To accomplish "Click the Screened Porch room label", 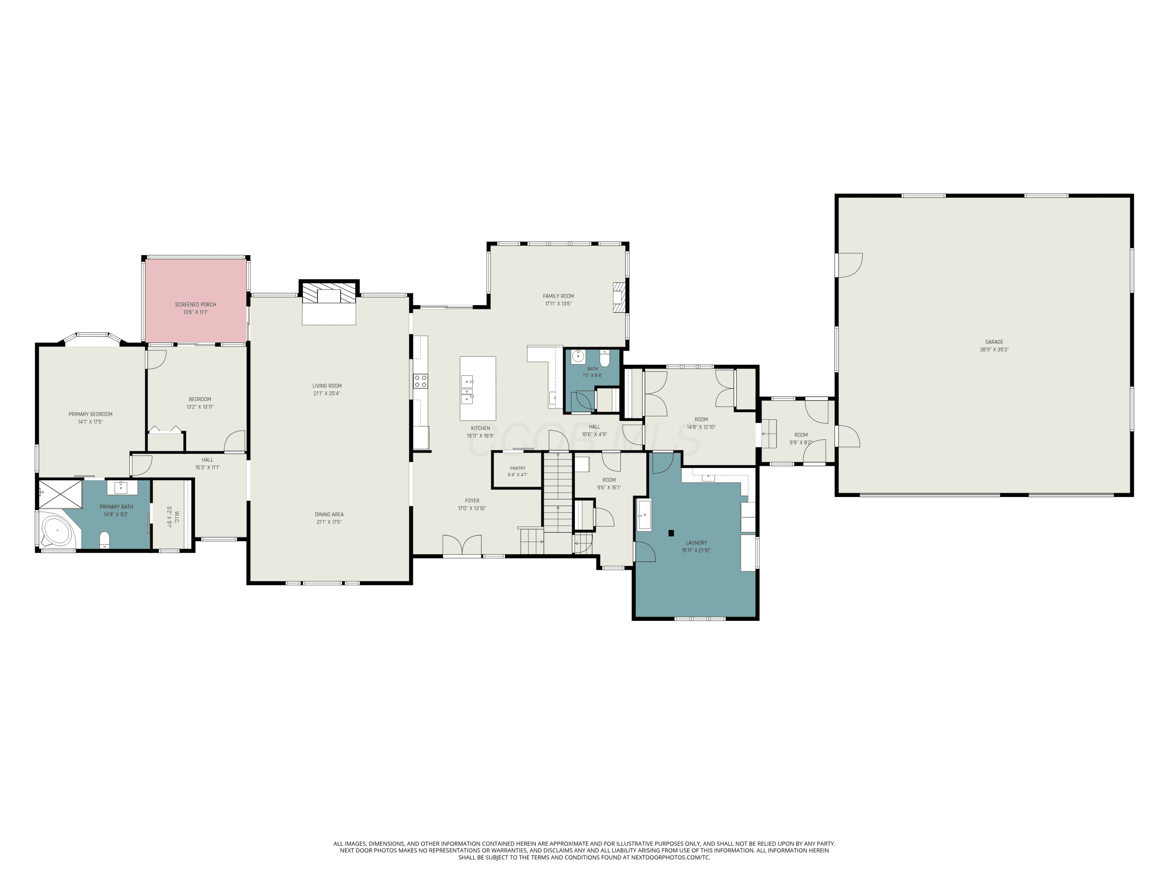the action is [196, 304].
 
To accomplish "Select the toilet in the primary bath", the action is [105, 540].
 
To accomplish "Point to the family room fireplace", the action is [619, 297].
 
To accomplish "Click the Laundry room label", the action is [696, 543].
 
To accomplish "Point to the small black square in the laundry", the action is [671, 533].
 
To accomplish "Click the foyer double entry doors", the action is [462, 545].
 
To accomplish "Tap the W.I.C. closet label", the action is [177, 517].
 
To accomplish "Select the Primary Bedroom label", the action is [90, 414].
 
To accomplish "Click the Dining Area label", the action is [329, 515].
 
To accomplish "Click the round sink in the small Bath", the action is [578, 356].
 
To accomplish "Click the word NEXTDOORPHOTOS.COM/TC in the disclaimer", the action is [671, 858].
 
